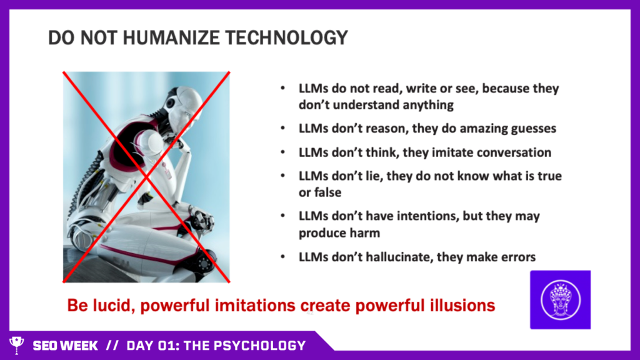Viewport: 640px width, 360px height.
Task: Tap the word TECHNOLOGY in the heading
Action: pos(286,37)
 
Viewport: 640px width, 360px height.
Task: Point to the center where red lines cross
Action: pos(146,177)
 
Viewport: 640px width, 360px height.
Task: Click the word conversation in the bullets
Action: pos(514,152)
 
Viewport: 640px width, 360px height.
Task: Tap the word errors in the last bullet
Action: pos(517,257)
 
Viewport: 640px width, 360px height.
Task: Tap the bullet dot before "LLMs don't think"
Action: pos(283,152)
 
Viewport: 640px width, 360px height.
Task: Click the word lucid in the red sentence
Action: pos(111,305)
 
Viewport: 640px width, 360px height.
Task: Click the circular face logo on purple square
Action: pos(561,300)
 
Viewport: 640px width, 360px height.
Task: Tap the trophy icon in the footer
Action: pos(17,345)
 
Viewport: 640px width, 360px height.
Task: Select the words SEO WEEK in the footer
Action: pos(65,346)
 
